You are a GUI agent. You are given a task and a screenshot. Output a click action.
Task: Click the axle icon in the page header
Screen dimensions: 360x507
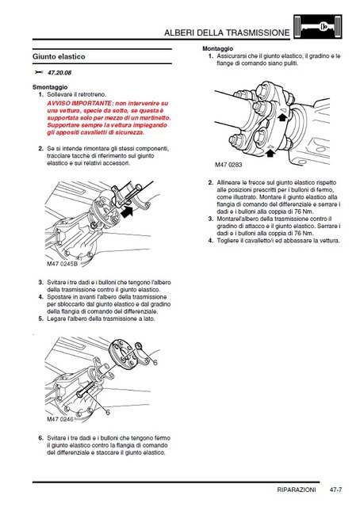pyautogui.click(x=318, y=27)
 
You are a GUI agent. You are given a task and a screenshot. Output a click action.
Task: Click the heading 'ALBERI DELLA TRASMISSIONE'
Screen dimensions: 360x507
pyautogui.click(x=227, y=32)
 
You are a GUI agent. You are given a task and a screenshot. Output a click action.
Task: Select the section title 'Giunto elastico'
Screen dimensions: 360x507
pyautogui.click(x=59, y=56)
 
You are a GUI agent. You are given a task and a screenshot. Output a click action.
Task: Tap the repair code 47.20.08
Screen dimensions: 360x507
pyautogui.click(x=59, y=73)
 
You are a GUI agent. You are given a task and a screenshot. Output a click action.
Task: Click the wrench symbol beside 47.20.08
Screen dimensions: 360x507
pyautogui.click(x=38, y=72)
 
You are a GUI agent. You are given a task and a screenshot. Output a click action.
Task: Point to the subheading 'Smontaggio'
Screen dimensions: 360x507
pyautogui.click(x=50, y=87)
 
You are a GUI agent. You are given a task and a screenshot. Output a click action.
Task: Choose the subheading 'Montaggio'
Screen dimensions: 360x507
pyautogui.click(x=217, y=48)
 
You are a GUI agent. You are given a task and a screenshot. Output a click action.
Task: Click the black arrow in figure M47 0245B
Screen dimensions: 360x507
pyautogui.click(x=127, y=212)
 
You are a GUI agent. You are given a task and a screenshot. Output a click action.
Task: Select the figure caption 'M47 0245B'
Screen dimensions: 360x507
pyautogui.click(x=62, y=264)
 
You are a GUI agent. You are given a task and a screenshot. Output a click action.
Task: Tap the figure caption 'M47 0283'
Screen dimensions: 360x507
pyautogui.click(x=228, y=165)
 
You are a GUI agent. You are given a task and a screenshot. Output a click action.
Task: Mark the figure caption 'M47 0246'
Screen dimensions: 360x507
pyautogui.click(x=60, y=419)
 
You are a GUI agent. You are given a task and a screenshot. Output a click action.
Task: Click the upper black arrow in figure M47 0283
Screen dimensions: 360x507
pyautogui.click(x=282, y=116)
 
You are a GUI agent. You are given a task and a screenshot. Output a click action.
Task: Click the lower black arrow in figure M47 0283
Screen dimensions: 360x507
pyautogui.click(x=270, y=152)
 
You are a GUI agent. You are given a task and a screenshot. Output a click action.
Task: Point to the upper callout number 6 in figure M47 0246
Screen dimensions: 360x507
pyautogui.click(x=155, y=363)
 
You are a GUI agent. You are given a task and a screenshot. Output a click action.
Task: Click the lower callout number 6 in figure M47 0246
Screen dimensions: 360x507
pyautogui.click(x=108, y=412)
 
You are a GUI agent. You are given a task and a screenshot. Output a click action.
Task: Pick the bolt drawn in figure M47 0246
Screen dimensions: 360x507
pyautogui.click(x=86, y=389)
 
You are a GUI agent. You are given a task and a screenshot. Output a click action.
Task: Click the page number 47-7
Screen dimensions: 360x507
pyautogui.click(x=335, y=490)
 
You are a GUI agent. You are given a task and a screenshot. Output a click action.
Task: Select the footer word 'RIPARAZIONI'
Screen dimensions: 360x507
pyautogui.click(x=297, y=490)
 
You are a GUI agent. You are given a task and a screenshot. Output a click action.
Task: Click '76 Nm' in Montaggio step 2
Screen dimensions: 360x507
pyautogui.click(x=304, y=212)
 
